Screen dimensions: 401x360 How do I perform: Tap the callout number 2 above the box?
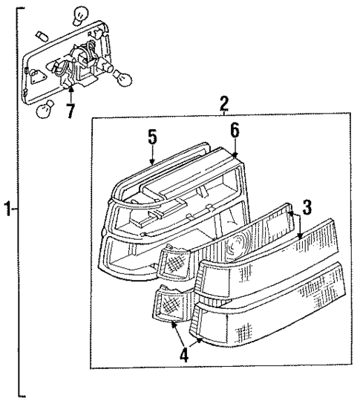pyautogui.click(x=223, y=104)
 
